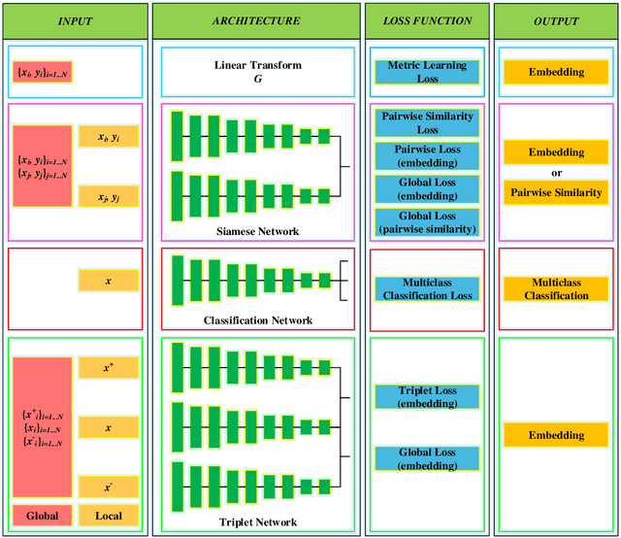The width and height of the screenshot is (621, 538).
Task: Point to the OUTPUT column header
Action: [x=554, y=20]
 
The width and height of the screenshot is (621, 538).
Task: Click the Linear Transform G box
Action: [x=256, y=71]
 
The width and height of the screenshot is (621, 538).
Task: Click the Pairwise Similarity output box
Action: [x=556, y=192]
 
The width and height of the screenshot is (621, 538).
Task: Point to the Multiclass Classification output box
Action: [x=556, y=288]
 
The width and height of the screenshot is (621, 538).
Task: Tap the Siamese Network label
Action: [x=257, y=231]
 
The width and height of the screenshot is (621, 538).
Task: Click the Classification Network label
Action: [x=257, y=320]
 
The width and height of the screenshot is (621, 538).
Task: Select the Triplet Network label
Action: [x=257, y=522]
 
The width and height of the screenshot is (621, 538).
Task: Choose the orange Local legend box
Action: [x=109, y=516]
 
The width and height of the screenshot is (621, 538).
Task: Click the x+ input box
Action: [x=109, y=368]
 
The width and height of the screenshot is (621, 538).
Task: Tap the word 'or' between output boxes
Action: [x=556, y=172]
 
